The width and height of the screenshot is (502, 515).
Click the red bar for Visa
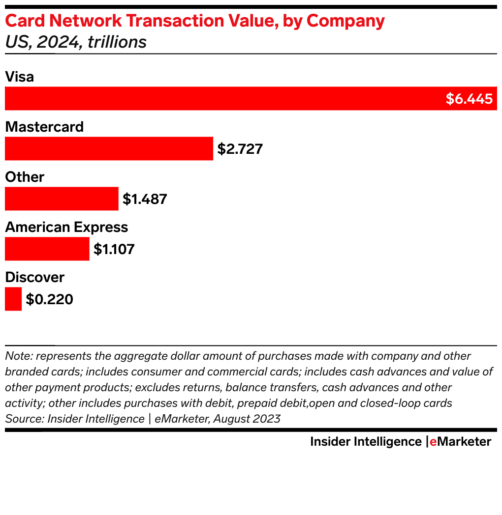click(x=221, y=98)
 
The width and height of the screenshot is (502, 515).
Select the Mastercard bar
click(x=109, y=148)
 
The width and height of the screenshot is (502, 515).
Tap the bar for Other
click(x=62, y=199)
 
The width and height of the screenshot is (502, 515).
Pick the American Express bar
click(x=47, y=249)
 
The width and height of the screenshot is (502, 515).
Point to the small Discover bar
click(x=13, y=299)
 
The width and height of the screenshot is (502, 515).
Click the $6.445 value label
click(x=469, y=99)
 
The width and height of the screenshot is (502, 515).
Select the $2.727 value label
click(x=240, y=149)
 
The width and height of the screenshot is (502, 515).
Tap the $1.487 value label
click(x=145, y=199)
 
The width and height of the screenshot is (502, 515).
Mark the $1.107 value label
click(x=114, y=249)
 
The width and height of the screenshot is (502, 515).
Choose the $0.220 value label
click(x=49, y=299)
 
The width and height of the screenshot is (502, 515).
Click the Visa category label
click(x=19, y=77)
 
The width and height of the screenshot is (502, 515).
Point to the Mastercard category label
click(x=44, y=127)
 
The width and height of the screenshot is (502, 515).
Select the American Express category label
click(x=66, y=227)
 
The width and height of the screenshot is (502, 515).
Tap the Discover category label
click(x=34, y=277)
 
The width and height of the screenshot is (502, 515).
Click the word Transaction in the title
click(x=172, y=21)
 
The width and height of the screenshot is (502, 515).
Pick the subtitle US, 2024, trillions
click(x=76, y=42)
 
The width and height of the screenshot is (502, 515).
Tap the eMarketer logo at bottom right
click(x=460, y=441)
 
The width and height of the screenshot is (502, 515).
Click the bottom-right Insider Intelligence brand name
click(x=366, y=441)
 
